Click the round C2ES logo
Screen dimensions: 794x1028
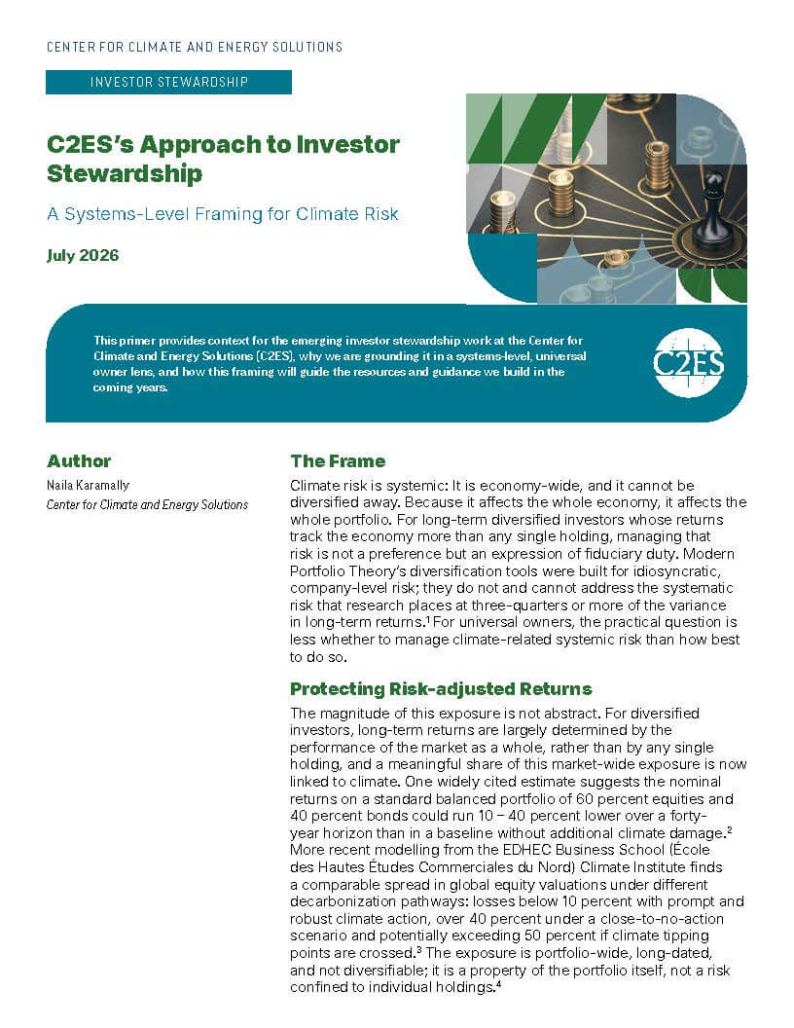click(x=688, y=362)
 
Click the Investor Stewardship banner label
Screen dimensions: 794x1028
click(x=169, y=82)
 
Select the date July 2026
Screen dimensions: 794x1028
click(x=83, y=255)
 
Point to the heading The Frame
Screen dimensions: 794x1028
click(x=338, y=460)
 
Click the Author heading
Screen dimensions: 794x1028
click(x=79, y=460)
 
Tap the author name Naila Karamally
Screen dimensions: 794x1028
click(x=88, y=485)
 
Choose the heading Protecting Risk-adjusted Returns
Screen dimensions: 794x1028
click(x=441, y=688)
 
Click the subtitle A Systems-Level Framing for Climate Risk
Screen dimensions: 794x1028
click(x=223, y=214)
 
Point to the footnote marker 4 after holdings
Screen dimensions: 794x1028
click(x=498, y=983)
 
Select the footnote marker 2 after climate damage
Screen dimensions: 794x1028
click(x=729, y=830)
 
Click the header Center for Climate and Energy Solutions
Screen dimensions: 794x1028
click(x=195, y=47)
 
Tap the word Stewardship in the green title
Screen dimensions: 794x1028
click(x=125, y=173)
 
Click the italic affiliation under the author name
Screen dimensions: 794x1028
click(x=147, y=505)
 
